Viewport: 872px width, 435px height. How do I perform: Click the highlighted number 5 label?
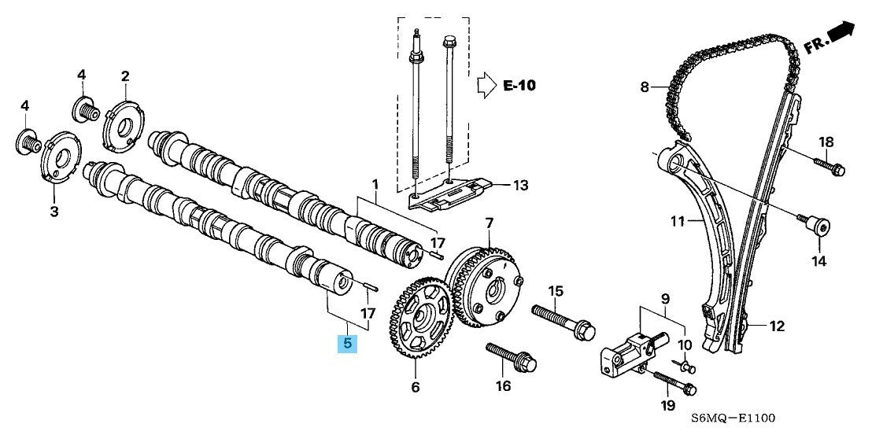click(347, 343)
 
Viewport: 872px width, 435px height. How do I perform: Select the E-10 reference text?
click(519, 85)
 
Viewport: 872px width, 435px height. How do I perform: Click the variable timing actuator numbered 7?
click(487, 286)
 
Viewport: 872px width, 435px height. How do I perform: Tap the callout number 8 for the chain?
click(644, 87)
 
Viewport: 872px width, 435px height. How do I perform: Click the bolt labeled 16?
click(512, 359)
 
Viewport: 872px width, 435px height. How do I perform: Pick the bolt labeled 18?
click(826, 166)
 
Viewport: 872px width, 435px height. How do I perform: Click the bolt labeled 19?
click(673, 382)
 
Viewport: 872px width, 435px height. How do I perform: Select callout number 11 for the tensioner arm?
click(678, 223)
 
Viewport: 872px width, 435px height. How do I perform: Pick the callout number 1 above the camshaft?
click(375, 185)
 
